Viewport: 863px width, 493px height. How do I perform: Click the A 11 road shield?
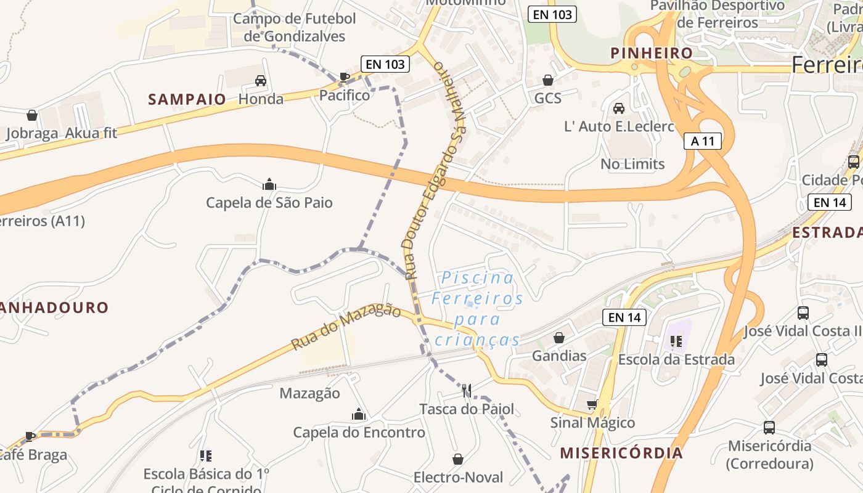703,141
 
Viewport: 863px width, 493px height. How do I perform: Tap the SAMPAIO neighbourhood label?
187,99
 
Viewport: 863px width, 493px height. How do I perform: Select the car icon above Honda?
261,81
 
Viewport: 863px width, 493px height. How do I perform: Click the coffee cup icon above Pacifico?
345,77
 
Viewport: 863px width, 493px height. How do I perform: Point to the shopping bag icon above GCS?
547,80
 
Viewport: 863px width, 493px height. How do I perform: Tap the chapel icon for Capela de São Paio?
269,184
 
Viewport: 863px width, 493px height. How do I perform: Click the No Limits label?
632,164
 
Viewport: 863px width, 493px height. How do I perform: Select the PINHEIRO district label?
652,53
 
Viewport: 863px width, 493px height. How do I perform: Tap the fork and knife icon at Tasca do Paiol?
467,390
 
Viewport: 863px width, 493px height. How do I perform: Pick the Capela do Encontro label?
359,433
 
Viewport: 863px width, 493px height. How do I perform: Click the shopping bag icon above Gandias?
559,338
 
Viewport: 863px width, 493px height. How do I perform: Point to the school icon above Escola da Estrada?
676,341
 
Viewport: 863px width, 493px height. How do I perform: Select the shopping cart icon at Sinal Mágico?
592,405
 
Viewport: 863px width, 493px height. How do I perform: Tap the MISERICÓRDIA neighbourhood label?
621,453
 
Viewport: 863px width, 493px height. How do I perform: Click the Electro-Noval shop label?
458,478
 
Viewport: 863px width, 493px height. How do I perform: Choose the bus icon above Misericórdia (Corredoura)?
769,427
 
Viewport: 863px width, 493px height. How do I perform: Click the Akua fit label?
91,133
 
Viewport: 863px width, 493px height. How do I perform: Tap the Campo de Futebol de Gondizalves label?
295,27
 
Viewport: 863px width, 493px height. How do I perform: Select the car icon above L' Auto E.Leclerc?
619,108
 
